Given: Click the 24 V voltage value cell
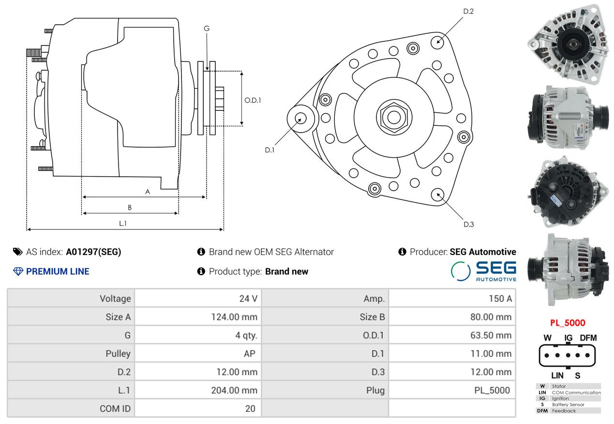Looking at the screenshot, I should click(x=248, y=298).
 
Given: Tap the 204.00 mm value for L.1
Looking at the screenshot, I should click(x=234, y=390).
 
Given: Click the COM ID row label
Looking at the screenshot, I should click(x=115, y=409).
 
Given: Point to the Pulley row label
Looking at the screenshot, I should click(x=118, y=353).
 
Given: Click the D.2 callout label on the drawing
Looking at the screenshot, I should click(x=468, y=11).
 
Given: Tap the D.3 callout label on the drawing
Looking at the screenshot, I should click(x=468, y=224).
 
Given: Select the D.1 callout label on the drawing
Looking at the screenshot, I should click(x=270, y=150).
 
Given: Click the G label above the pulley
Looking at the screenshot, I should click(x=207, y=29).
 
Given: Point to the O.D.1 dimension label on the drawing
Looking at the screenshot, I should click(x=253, y=100).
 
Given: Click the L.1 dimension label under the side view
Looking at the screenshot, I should click(x=123, y=223).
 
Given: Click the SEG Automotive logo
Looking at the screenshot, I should click(x=483, y=271).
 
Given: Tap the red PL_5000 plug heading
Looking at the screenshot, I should click(x=567, y=323).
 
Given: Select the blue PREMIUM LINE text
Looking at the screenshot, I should click(x=58, y=272).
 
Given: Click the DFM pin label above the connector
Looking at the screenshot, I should click(x=588, y=337).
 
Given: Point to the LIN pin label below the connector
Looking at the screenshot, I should click(x=557, y=375).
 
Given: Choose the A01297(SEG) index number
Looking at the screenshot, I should click(x=93, y=252).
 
